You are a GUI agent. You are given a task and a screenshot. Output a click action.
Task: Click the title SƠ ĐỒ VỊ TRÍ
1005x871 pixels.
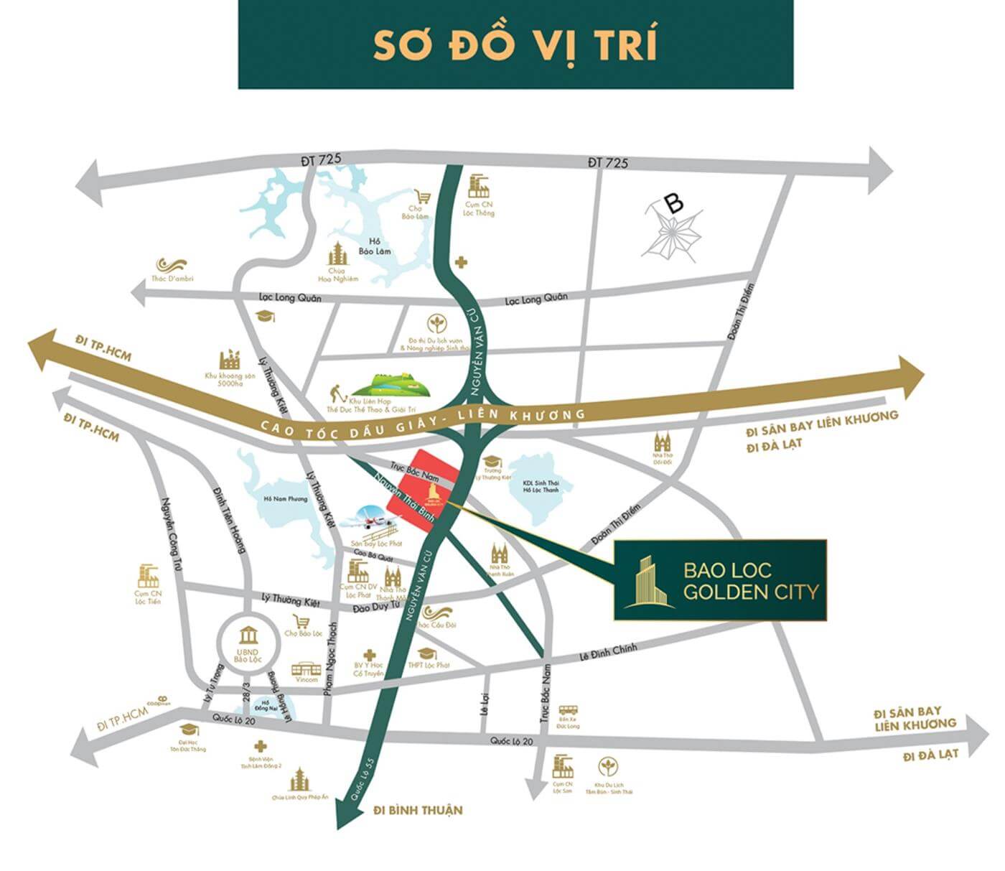click(515, 45)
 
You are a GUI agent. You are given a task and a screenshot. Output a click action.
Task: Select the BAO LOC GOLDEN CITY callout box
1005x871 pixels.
click(720, 579)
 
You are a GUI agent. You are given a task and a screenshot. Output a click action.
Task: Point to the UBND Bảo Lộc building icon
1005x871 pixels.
click(248, 635)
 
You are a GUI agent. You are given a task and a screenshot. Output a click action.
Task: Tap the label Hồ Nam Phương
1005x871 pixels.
click(280, 499)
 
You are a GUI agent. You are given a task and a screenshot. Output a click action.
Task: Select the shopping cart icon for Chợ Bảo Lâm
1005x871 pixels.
click(423, 196)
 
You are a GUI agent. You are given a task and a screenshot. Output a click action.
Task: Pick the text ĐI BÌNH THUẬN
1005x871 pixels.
click(418, 810)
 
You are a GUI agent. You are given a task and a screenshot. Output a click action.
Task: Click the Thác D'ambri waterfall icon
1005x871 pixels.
click(172, 265)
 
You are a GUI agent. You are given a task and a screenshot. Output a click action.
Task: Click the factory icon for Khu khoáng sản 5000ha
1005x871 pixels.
click(231, 360)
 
